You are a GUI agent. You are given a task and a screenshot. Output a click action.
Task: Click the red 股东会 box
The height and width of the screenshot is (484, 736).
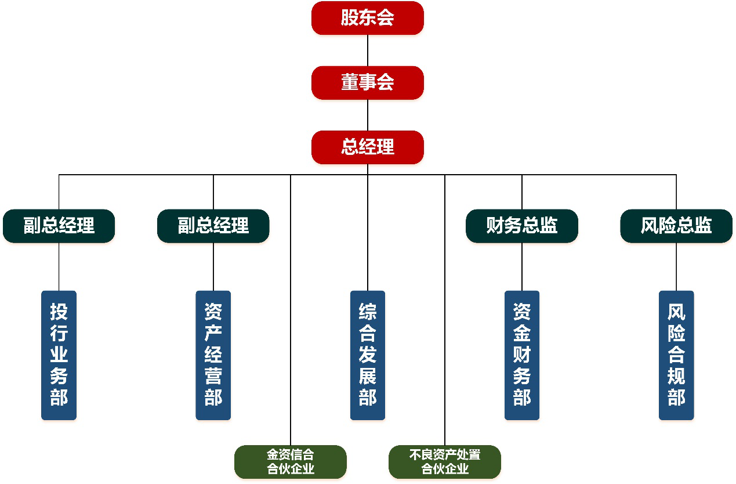coord(368,18)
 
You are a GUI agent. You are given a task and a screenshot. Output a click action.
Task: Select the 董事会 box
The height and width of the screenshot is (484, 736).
coord(368,83)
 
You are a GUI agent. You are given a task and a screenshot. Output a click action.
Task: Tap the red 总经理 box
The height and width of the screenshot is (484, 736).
coord(368,147)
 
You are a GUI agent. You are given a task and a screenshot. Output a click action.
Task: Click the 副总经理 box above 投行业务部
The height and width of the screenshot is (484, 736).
coord(59,226)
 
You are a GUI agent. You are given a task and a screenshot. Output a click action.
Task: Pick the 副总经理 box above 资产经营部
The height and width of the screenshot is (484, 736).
coord(213,226)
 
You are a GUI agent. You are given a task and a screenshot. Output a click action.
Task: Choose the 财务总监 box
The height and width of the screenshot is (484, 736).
coord(522,226)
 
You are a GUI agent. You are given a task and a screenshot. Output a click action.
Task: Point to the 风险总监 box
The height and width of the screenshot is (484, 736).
coord(676,226)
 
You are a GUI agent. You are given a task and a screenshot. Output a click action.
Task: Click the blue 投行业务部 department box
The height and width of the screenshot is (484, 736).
coord(59,355)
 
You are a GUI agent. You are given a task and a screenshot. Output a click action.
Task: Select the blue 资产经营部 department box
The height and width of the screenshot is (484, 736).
coord(213,355)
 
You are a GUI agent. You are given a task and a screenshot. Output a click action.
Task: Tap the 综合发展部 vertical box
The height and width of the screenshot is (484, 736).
coord(368,355)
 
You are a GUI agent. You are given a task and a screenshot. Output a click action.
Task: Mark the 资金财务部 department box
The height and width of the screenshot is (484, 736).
coord(522,355)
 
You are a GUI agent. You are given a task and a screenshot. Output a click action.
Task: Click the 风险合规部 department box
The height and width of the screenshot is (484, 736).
coord(676,355)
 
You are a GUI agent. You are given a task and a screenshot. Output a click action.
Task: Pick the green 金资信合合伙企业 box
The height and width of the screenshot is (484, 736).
coord(291,462)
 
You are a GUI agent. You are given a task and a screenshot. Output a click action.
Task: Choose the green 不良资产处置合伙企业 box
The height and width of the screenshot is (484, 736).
coord(445,462)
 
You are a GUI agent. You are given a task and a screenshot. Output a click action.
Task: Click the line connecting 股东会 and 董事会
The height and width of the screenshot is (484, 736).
coord(368,50)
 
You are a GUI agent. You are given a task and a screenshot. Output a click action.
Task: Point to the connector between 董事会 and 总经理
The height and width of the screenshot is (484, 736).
coord(368,115)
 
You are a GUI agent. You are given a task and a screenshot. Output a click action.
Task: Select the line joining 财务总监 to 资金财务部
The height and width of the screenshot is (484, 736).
coord(522,267)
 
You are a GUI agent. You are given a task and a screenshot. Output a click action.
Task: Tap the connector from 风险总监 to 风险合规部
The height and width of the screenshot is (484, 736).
coord(676,267)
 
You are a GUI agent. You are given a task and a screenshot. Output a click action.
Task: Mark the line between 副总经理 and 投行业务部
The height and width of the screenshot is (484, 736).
coord(59,267)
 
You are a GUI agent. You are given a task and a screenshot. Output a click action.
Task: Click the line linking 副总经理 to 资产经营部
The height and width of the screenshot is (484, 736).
coord(213,267)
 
